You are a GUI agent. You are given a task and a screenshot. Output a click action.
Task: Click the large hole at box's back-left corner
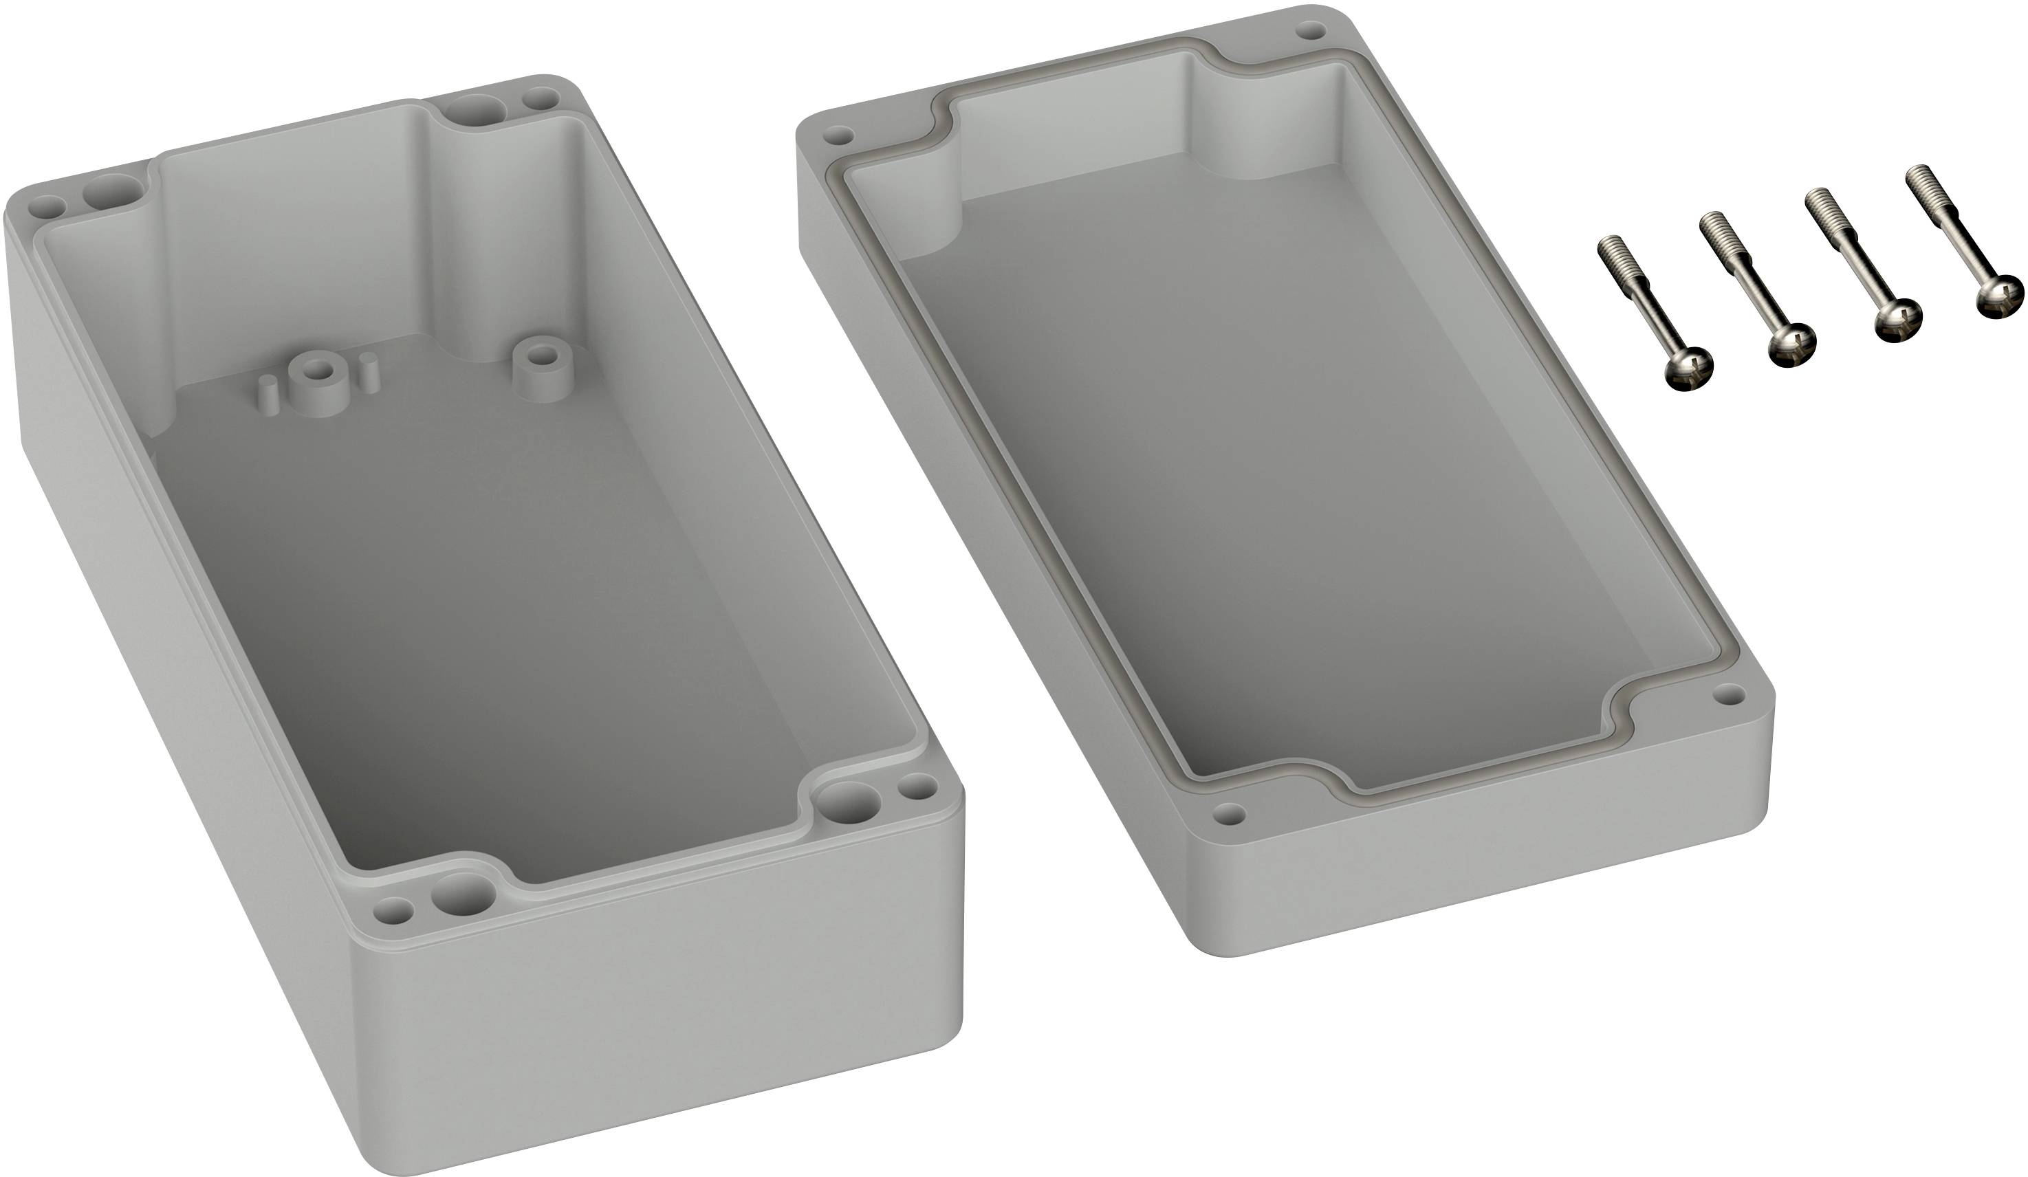(x=111, y=192)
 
